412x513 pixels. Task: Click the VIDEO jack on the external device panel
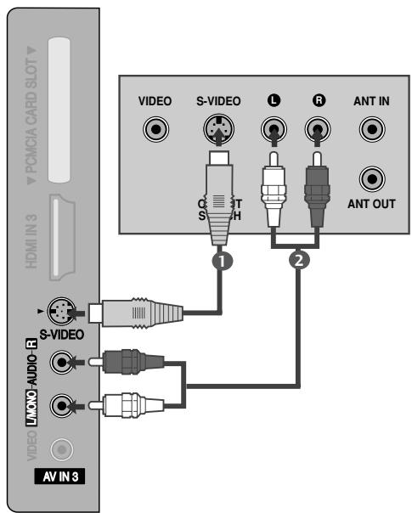[155, 131]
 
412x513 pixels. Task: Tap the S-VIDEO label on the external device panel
[218, 101]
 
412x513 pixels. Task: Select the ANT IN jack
[370, 131]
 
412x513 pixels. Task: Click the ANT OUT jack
[370, 180]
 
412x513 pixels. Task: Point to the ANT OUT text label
[370, 204]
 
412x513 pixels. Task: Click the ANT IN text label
[370, 101]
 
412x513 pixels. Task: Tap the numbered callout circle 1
[223, 262]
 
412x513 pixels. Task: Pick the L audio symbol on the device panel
[272, 100]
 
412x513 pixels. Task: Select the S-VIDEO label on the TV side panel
[61, 334]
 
